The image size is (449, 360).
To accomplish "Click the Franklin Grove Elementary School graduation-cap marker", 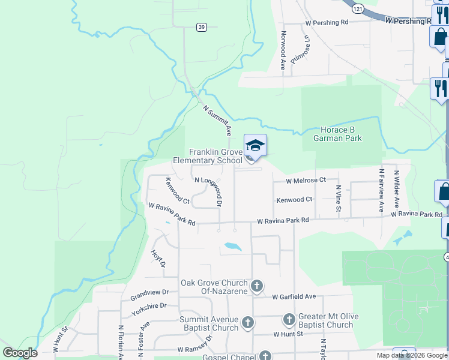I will coord(255,146).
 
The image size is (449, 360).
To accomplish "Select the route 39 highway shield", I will coord(202,26).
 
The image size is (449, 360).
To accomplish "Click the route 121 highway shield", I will coord(358,10).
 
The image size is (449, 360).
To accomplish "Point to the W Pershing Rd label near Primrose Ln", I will coord(327,22).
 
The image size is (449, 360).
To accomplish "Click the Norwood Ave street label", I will coord(282,51).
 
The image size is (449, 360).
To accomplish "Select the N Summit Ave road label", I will coord(217,119).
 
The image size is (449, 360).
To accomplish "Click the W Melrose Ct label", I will coord(306,180).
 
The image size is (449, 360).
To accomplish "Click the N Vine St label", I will coord(338,199).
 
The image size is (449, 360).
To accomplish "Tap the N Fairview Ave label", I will coord(381,190).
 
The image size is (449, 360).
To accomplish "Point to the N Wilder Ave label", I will coord(396,190).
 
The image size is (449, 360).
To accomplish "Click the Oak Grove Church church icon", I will coord(257,286).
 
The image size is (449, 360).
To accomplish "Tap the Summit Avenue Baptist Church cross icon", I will coord(247,324).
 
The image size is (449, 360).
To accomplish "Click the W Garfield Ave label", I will coord(294,296).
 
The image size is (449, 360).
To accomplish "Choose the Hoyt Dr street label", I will coord(158,259).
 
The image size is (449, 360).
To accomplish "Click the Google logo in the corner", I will coord(20,353).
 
